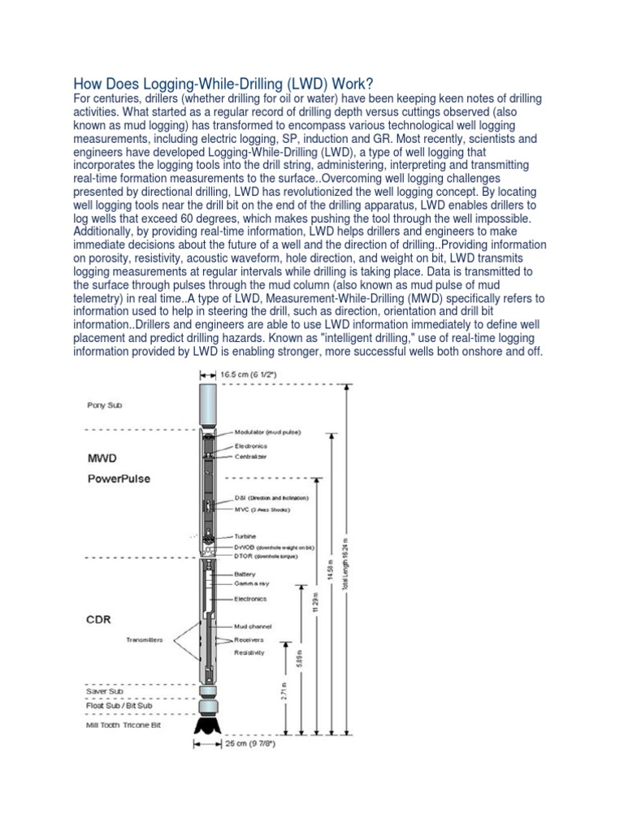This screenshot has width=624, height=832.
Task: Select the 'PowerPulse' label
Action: point(119,479)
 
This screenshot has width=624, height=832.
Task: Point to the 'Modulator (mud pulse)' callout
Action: point(267,432)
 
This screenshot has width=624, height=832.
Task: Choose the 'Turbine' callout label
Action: point(245,537)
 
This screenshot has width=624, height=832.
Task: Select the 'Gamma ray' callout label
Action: point(251,584)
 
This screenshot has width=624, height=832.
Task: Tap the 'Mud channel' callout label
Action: point(253,626)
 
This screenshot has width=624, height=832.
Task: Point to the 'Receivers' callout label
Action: point(250,639)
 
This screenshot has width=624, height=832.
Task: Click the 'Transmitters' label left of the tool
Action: point(145,639)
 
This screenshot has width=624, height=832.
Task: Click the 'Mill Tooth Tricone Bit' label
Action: point(123,724)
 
